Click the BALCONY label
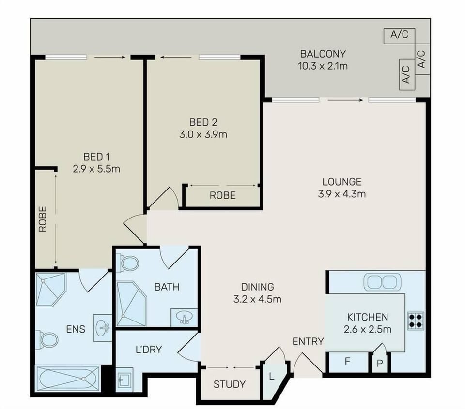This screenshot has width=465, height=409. point(323,54)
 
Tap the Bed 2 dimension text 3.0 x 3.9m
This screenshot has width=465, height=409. point(203,135)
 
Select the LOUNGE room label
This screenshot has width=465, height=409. point(342,181)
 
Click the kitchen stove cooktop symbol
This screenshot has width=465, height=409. point(416,321)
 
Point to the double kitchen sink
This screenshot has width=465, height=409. point(383,282)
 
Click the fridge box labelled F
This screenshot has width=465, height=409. point(348,362)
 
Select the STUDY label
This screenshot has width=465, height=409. point(230,384)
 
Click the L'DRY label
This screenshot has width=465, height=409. point(149,350)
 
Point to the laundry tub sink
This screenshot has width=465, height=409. point(124,379)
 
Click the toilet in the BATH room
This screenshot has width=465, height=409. point(126,263)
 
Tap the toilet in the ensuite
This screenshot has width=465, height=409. point(46,340)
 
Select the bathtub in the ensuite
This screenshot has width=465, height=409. point(68,379)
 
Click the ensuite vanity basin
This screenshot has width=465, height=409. point(103,328)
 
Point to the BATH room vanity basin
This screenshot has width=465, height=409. point(184,318)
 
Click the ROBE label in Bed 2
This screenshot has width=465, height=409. point(223,196)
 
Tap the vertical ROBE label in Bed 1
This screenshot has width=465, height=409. point(43,219)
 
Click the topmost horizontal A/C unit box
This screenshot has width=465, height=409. point(399,36)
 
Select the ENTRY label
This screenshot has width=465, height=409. point(308,341)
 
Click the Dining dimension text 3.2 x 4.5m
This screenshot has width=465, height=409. point(257,300)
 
